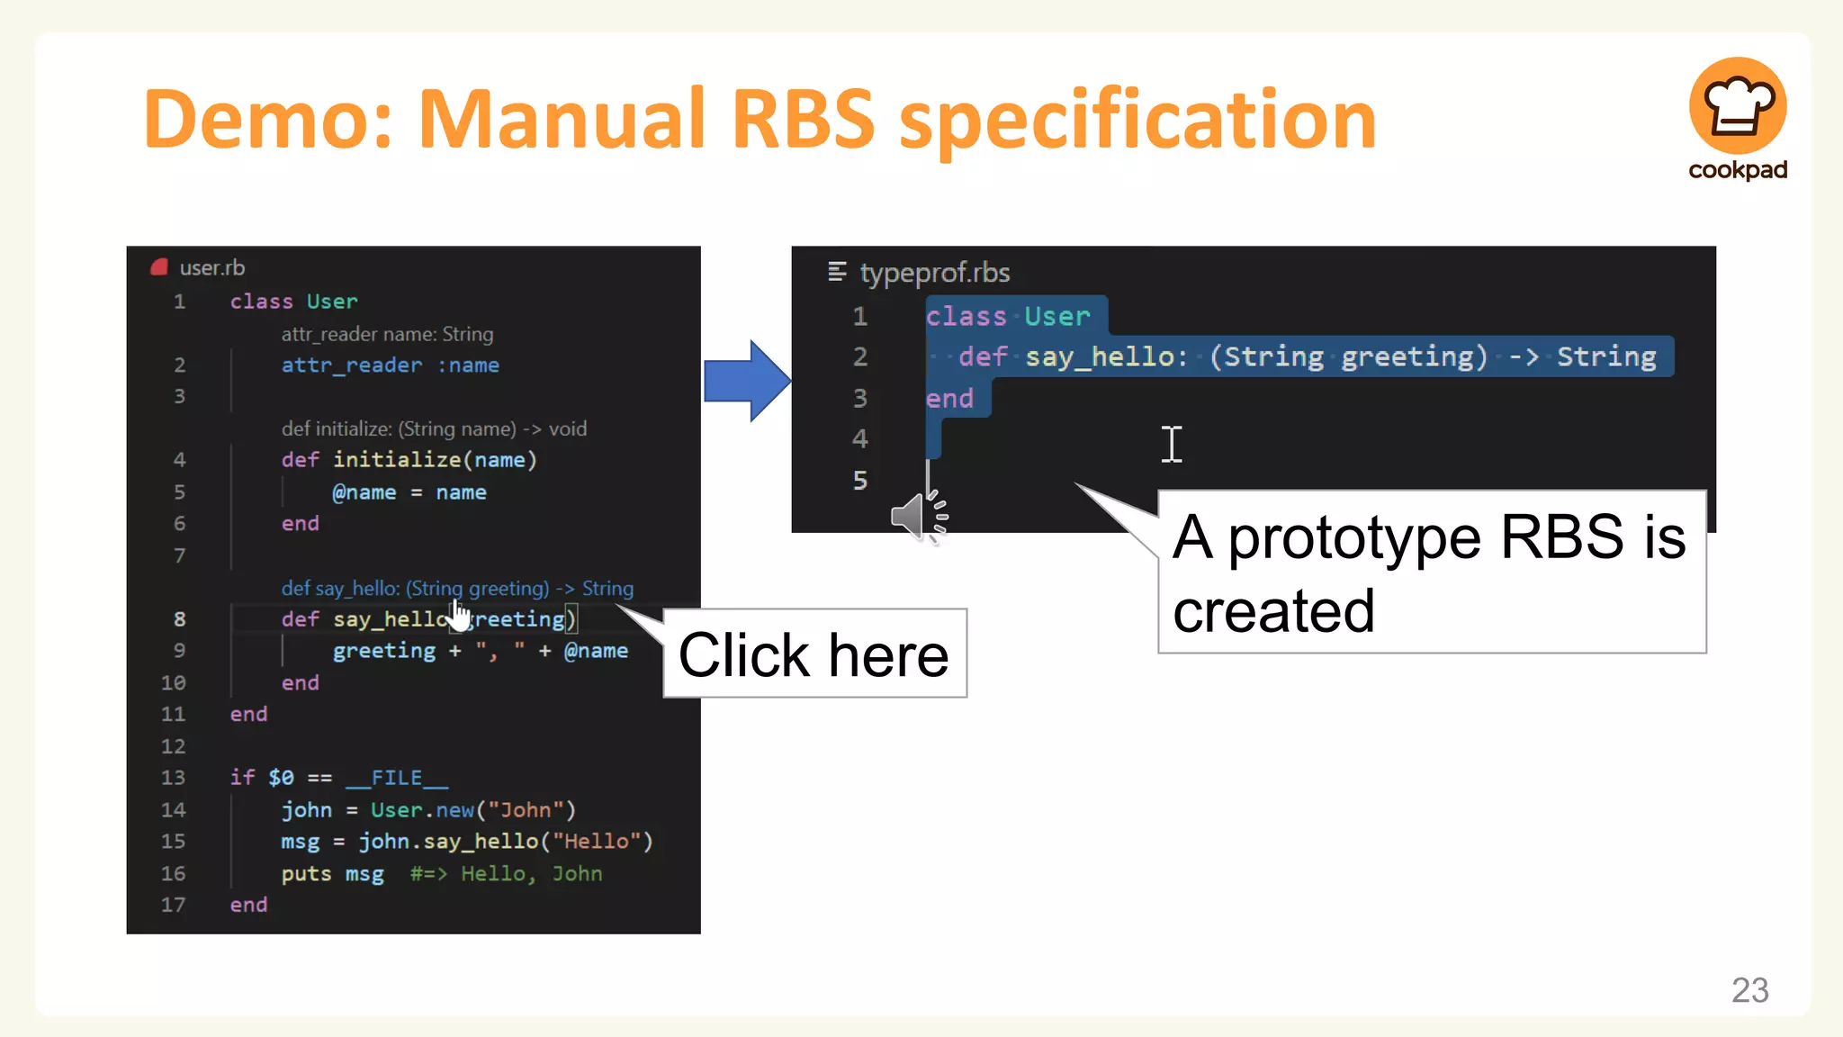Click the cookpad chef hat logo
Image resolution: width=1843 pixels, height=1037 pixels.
(x=1737, y=106)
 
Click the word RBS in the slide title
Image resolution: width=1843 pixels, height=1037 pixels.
(x=803, y=119)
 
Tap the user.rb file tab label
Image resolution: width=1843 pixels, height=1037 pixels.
(x=211, y=267)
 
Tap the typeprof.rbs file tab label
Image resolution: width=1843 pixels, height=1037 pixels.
(x=934, y=273)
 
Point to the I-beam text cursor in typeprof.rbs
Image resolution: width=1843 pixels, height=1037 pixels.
(x=1171, y=444)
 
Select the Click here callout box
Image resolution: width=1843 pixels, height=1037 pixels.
(x=814, y=654)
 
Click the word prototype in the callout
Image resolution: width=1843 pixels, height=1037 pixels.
(x=1353, y=538)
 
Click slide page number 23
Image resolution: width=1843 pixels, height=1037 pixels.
(x=1749, y=990)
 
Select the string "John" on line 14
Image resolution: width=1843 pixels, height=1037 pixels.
(x=526, y=810)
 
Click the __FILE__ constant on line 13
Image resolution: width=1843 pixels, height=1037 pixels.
(x=396, y=778)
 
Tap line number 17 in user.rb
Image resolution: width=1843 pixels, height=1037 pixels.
(x=174, y=905)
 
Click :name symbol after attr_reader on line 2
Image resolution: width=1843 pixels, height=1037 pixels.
(x=468, y=365)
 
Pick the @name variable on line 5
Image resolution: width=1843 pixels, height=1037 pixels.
(x=364, y=492)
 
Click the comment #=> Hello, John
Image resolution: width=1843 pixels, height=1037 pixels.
(x=506, y=873)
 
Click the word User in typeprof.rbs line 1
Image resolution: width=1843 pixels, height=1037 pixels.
(x=1056, y=317)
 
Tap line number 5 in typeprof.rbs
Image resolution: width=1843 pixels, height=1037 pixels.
(x=860, y=480)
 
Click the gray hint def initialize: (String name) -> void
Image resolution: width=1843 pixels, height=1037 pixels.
(x=434, y=428)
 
